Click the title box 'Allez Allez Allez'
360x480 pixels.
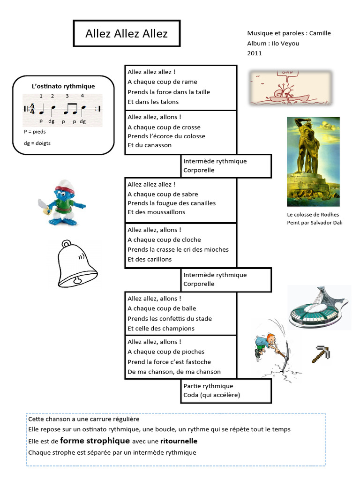pos(127,33)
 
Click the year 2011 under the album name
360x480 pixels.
pos(255,53)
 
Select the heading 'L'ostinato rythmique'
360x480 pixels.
pos(63,86)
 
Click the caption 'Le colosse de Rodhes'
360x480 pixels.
pos(313,215)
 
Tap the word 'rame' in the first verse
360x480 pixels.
pos(189,82)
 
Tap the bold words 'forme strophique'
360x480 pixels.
pos(95,441)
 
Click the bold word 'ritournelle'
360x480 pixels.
pos(179,441)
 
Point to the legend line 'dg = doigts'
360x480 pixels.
pos(37,143)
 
